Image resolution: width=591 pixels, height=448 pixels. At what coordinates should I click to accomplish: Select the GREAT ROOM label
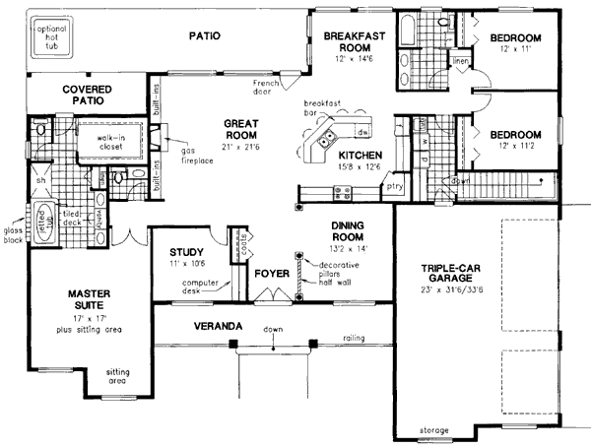coord(240,128)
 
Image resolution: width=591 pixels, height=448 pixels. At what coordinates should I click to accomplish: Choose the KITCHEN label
coord(361,156)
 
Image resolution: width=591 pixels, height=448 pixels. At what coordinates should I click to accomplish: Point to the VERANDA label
coord(219,325)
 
